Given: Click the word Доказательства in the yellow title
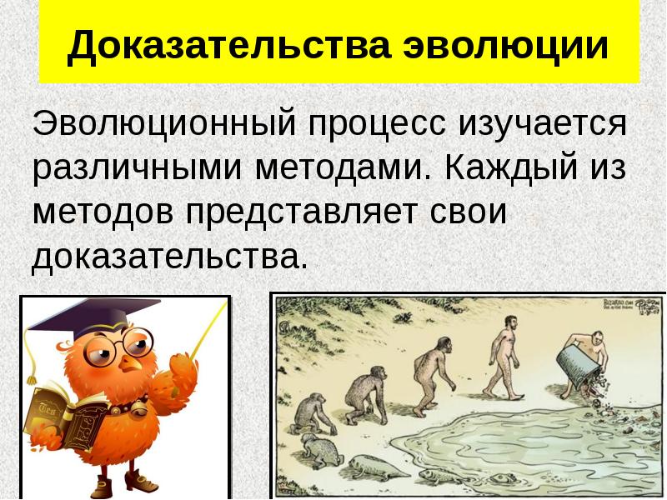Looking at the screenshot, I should pos(228,46).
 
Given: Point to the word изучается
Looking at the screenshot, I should pos(541,125).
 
